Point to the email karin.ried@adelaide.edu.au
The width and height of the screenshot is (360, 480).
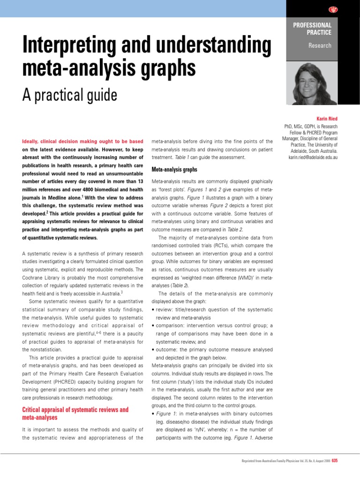pyautogui.click(x=313, y=157)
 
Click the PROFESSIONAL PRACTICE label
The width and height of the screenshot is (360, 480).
pyautogui.click(x=312, y=29)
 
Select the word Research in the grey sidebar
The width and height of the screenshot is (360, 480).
pyautogui.click(x=320, y=45)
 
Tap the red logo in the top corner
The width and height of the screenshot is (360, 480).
pyautogui.click(x=333, y=9)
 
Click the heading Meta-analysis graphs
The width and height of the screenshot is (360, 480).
pyautogui.click(x=174, y=169)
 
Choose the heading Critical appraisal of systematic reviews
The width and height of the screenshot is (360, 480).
pyautogui.click(x=75, y=410)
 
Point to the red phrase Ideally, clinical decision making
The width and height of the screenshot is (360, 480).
pyautogui.click(x=82, y=141)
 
